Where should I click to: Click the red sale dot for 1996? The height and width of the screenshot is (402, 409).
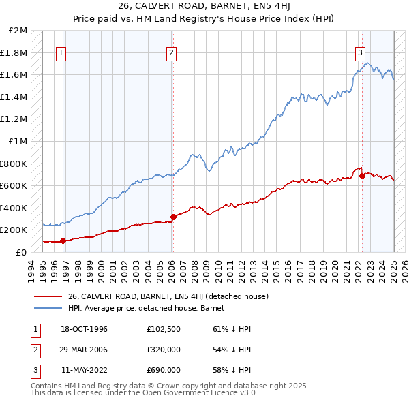(63, 241)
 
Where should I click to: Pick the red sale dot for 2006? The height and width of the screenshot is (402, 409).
(173, 217)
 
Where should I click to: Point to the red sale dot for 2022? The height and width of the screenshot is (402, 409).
(361, 176)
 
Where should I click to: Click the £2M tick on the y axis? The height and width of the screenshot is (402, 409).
(18, 31)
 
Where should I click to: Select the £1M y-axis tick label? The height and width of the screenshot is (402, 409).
(18, 142)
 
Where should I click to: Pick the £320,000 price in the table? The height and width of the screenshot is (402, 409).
(164, 350)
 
